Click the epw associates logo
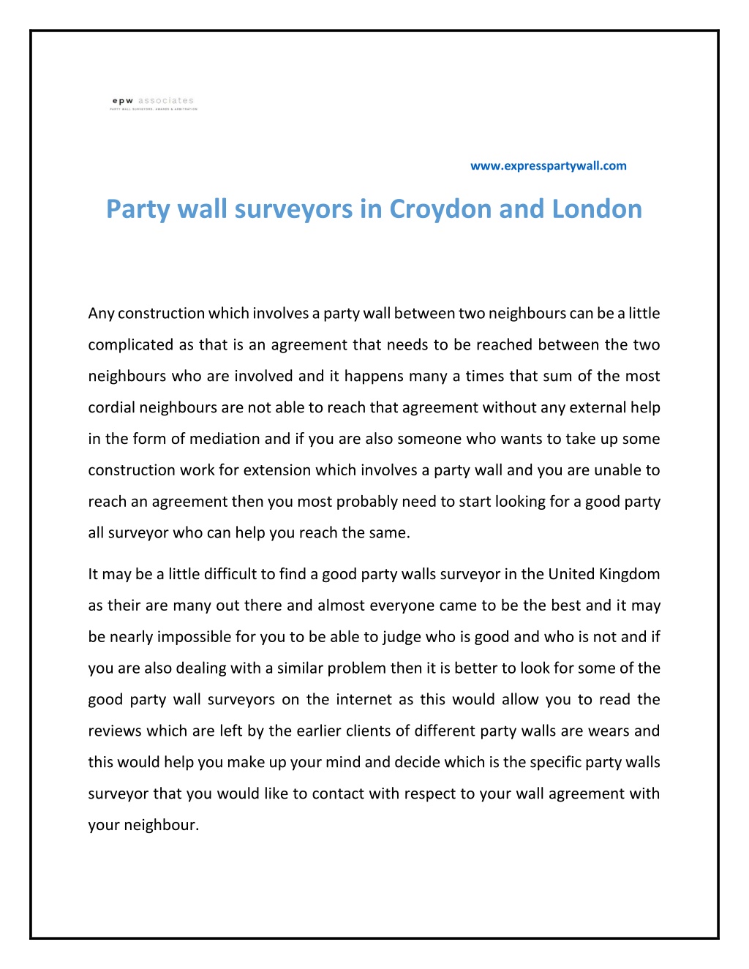tap(154, 103)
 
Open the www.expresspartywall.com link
tap(548, 166)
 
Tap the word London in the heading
tap(597, 209)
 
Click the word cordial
tap(111, 407)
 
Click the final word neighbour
tap(161, 826)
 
